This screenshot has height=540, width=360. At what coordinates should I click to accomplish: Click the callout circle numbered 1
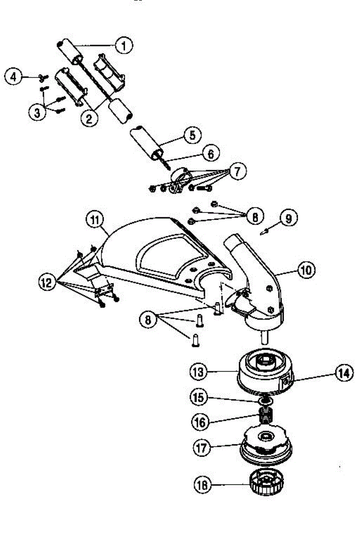pyautogui.click(x=124, y=45)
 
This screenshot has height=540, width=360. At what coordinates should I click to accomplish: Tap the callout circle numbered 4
pyautogui.click(x=13, y=76)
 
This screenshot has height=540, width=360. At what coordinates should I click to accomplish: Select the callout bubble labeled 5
pyautogui.click(x=193, y=135)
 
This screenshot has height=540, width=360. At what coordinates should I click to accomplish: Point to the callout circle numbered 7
pyautogui.click(x=238, y=171)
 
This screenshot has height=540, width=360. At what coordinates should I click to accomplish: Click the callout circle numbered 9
pyautogui.click(x=288, y=218)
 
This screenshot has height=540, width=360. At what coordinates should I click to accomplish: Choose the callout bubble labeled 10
pyautogui.click(x=306, y=270)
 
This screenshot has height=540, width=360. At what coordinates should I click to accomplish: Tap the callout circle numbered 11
pyautogui.click(x=95, y=220)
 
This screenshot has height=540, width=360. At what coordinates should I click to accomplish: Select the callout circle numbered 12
pyautogui.click(x=48, y=282)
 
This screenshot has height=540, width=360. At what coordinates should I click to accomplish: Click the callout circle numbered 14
pyautogui.click(x=344, y=373)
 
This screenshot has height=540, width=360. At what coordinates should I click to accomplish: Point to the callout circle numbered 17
pyautogui.click(x=202, y=448)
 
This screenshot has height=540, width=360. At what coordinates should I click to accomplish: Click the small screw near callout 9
pyautogui.click(x=265, y=232)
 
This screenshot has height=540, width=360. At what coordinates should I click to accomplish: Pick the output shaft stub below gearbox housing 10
pyautogui.click(x=265, y=337)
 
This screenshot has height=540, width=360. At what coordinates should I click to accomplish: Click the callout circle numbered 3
pyautogui.click(x=37, y=112)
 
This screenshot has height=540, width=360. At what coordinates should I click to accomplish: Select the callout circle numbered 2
pyautogui.click(x=89, y=118)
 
